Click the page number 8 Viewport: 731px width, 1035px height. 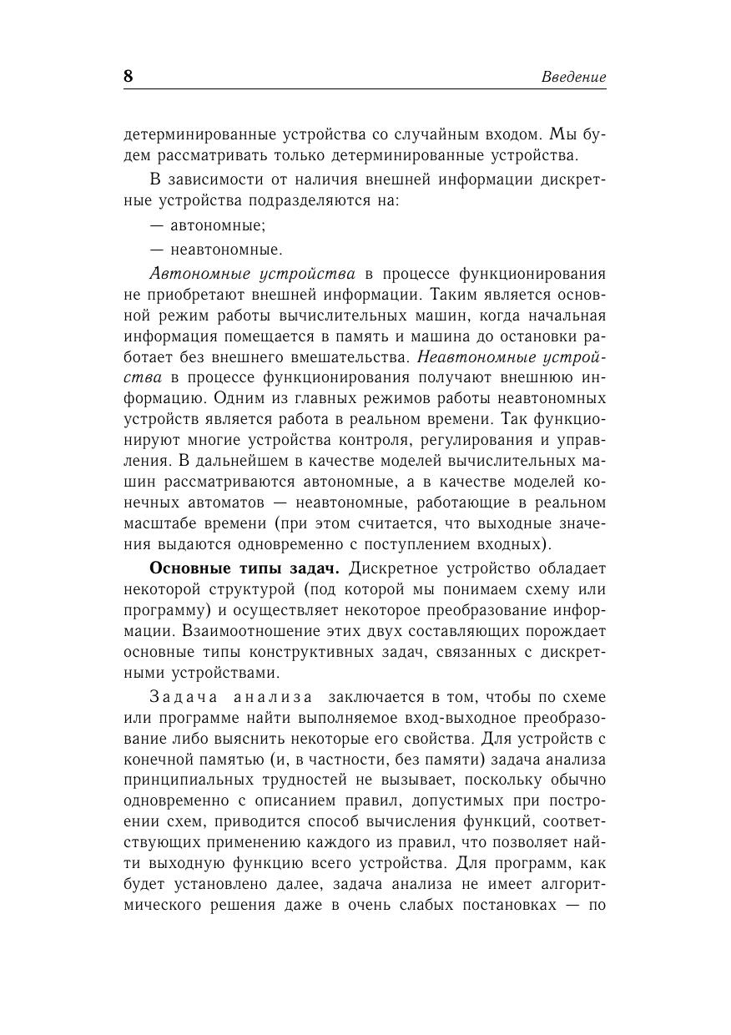[129, 76]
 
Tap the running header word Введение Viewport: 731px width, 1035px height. [573, 77]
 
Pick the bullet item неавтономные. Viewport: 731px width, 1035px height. [226, 250]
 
